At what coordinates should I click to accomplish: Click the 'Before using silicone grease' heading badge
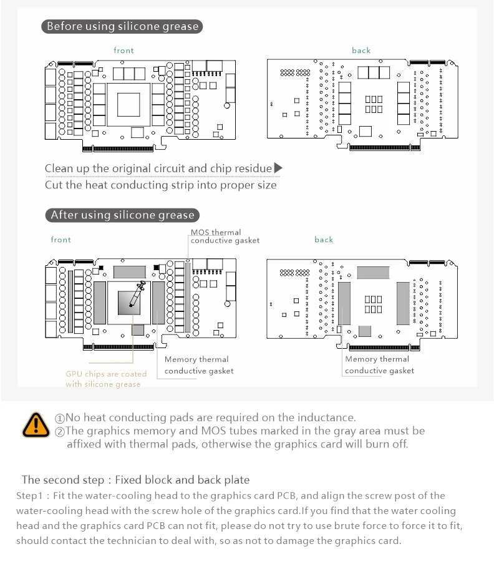122,26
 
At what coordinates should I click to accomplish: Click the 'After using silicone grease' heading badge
122,215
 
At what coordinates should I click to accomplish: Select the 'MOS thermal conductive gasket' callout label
225,236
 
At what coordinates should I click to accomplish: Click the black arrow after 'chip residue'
278,168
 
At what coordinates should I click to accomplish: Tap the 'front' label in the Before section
123,51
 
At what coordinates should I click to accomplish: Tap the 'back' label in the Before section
361,51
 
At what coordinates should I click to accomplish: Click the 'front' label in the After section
61,240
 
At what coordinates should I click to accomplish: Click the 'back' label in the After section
324,240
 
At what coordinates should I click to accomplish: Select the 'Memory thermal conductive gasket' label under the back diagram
379,365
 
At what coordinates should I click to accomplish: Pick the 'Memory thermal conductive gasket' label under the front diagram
198,365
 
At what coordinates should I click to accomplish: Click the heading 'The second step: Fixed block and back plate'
135,480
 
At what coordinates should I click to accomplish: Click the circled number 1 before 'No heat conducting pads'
60,418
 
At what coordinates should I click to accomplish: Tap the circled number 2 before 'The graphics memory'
60,431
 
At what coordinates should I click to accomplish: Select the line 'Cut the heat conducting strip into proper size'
160,185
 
